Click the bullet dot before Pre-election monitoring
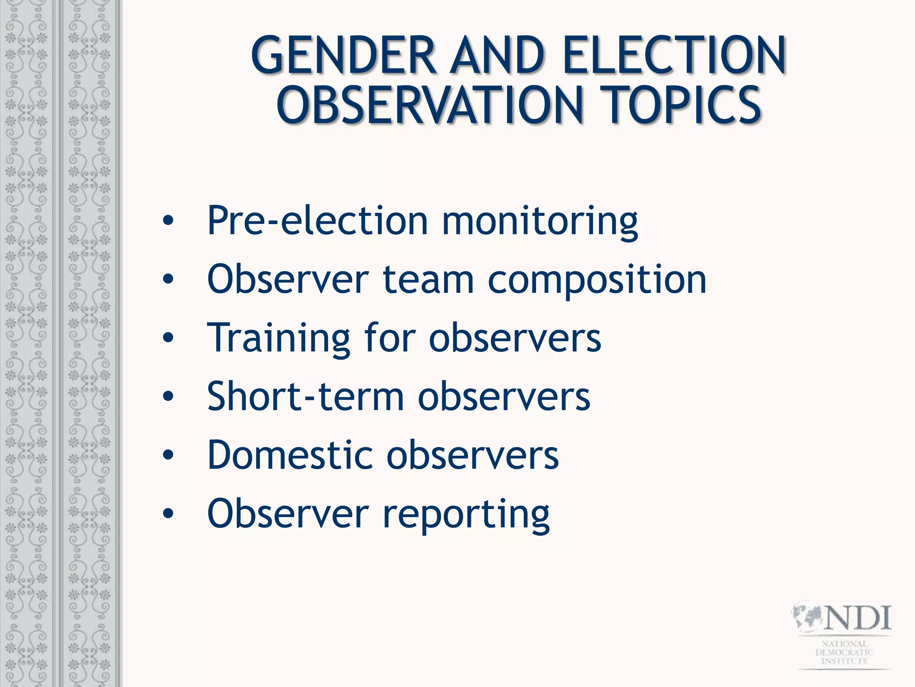pyautogui.click(x=168, y=221)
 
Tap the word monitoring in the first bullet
pyautogui.click(x=540, y=221)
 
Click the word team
pyautogui.click(x=428, y=280)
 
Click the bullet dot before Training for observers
pyautogui.click(x=168, y=338)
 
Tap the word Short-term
pyautogui.click(x=306, y=396)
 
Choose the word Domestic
pyautogui.click(x=290, y=455)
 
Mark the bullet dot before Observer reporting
pyautogui.click(x=168, y=514)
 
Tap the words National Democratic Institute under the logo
pyautogui.click(x=844, y=652)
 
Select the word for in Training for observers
pyautogui.click(x=390, y=338)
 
